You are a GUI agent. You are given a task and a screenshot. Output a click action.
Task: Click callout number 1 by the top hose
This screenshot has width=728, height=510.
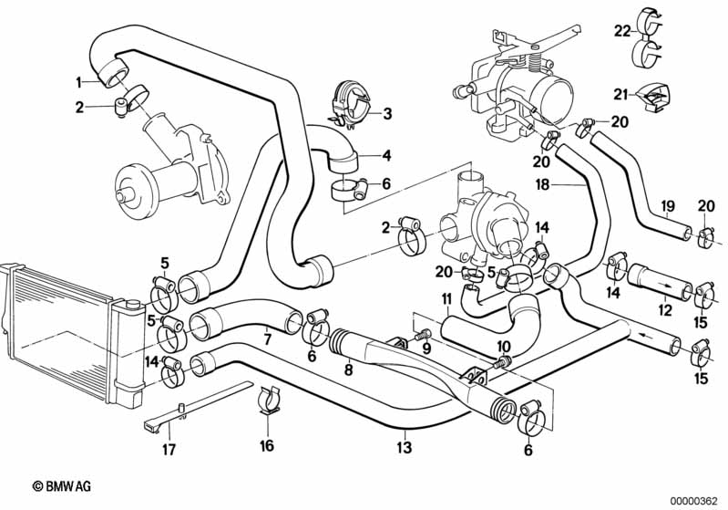[x=79, y=82]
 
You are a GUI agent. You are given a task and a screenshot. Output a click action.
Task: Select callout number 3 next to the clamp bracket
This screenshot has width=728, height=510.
[x=386, y=114]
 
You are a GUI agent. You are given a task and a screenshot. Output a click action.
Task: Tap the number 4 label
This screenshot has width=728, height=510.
[x=386, y=154]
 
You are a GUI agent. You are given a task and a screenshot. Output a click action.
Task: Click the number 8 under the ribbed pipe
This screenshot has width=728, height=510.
[x=347, y=371]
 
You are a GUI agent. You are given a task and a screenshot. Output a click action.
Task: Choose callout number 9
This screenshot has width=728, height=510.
[x=426, y=348]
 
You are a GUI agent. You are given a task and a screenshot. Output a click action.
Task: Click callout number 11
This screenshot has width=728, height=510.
[x=446, y=299]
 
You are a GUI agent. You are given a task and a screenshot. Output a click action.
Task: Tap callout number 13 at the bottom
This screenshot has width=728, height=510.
[x=404, y=447]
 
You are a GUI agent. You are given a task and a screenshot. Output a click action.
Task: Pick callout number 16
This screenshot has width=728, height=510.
[x=266, y=447]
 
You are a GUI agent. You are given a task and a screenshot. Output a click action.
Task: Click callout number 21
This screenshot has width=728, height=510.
[x=620, y=94]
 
